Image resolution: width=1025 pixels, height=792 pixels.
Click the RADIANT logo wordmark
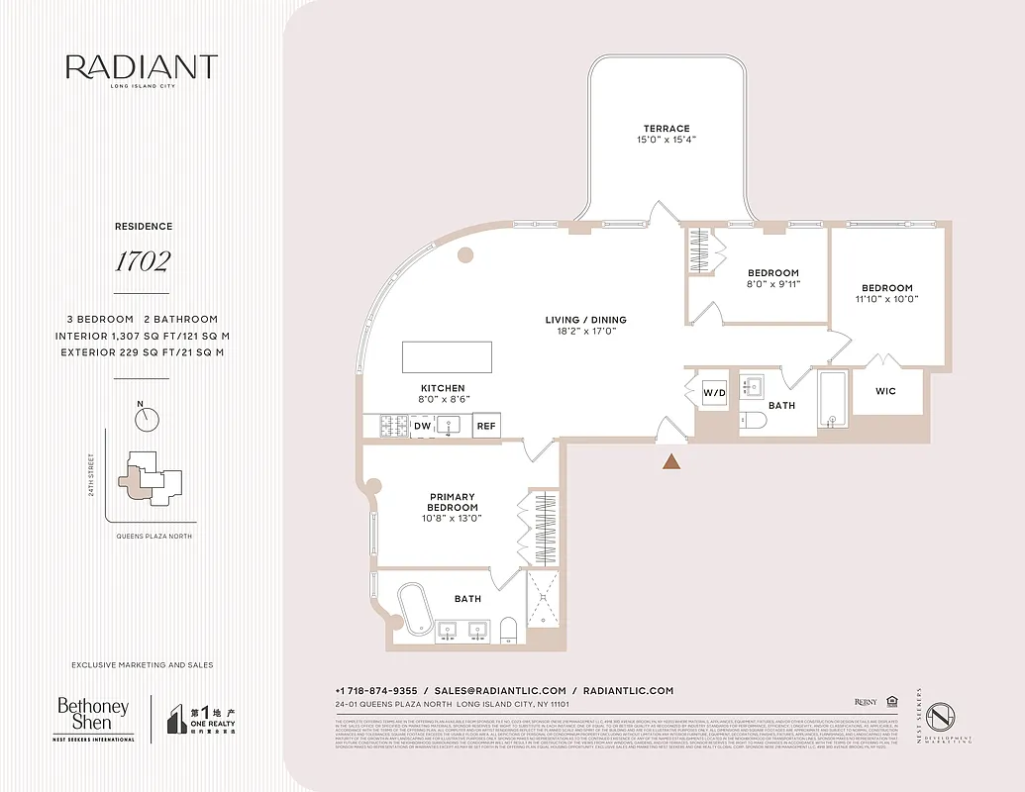(142, 67)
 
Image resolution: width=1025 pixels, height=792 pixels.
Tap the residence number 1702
(142, 262)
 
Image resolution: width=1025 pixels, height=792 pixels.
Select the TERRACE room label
(666, 129)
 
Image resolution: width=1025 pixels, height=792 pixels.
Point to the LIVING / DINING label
(585, 320)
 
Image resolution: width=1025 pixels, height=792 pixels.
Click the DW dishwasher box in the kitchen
(422, 426)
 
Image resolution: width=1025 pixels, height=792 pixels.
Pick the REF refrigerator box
(485, 426)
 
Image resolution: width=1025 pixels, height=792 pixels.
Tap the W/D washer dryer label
(714, 392)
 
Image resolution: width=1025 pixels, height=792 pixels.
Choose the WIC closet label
(885, 391)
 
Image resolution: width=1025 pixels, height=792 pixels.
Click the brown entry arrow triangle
(671, 460)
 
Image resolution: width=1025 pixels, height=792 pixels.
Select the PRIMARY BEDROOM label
(453, 502)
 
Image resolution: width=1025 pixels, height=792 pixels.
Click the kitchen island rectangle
(447, 356)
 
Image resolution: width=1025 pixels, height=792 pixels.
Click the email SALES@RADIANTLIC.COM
(500, 690)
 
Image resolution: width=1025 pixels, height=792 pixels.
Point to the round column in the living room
(464, 255)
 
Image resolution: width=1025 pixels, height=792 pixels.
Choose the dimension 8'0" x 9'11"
(773, 284)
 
